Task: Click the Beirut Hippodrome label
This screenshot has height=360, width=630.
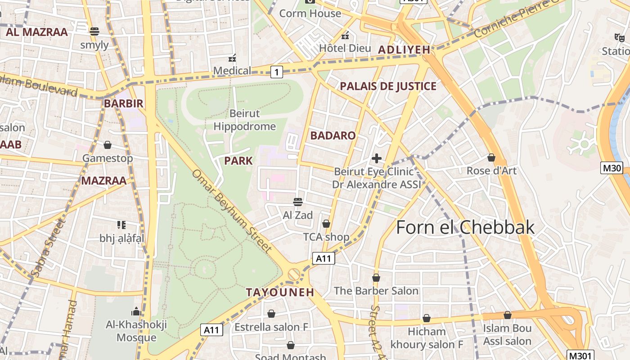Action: click(244, 120)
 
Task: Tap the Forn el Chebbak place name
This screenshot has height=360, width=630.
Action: click(465, 227)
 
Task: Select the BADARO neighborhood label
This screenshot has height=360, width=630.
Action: click(333, 135)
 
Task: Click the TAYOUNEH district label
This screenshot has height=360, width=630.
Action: click(280, 292)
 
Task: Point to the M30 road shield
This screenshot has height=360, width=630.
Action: click(612, 168)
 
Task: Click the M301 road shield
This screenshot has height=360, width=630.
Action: click(580, 355)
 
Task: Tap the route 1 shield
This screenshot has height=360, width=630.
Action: click(277, 72)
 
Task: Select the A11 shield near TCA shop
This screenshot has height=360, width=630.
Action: click(324, 258)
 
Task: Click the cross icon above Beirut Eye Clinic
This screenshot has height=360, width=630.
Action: click(377, 158)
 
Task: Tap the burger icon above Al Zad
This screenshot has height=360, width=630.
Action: click(297, 202)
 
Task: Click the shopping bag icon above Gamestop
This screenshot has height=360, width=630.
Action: click(108, 145)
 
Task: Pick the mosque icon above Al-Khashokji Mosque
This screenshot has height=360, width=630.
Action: click(136, 311)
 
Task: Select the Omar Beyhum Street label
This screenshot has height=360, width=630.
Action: click(232, 210)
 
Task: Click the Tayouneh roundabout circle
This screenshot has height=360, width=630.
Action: click(294, 274)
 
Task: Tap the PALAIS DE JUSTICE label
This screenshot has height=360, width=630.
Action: click(388, 86)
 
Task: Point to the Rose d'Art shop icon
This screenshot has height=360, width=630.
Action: click(491, 157)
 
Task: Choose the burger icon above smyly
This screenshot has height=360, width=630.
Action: click(94, 31)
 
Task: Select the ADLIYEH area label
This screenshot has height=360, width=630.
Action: click(404, 50)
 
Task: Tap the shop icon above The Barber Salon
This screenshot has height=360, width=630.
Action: click(376, 278)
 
